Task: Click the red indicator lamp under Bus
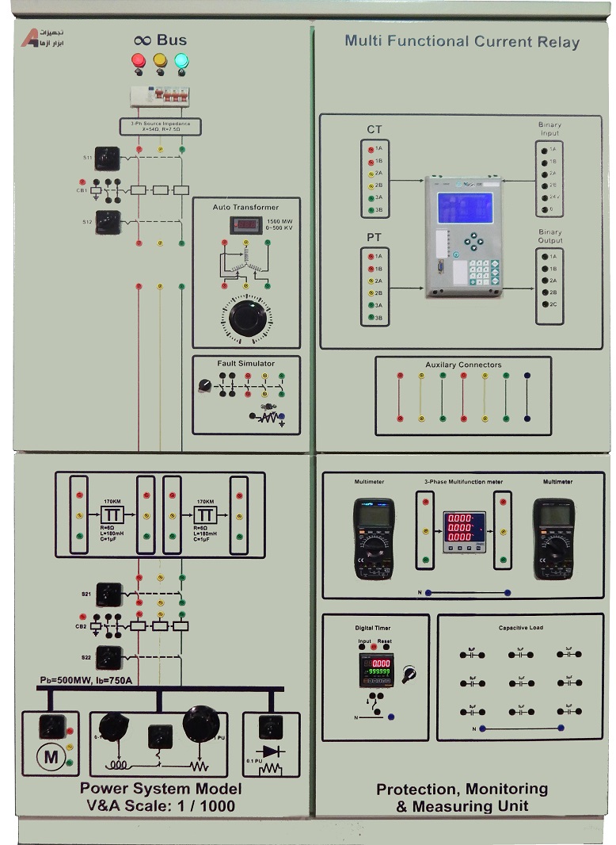[139, 60]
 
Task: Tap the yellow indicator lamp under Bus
[160, 60]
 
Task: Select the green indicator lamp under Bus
[181, 60]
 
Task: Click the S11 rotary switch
[107, 158]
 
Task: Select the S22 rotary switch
[108, 657]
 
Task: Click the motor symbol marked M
[51, 757]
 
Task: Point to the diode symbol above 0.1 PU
[272, 750]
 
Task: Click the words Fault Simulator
[246, 364]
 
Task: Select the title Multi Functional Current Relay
[462, 41]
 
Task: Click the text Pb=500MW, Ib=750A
[86, 680]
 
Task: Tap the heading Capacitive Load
[520, 628]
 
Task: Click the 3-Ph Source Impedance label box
[161, 127]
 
